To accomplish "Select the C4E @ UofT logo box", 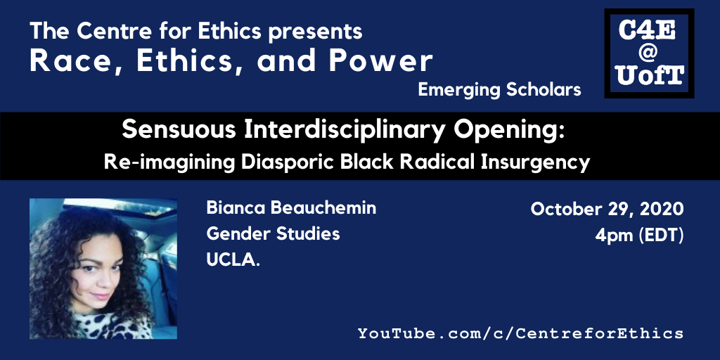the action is (x=649, y=53).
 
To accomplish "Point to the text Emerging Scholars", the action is (x=499, y=91).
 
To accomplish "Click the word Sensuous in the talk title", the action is (x=179, y=131).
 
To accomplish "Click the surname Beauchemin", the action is (x=323, y=208).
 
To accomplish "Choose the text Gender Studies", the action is (x=274, y=234).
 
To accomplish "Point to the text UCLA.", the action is (x=233, y=260).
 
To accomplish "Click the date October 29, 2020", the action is (x=607, y=210).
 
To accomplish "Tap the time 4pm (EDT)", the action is (x=639, y=236).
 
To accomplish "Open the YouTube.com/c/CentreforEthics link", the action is (x=521, y=333).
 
